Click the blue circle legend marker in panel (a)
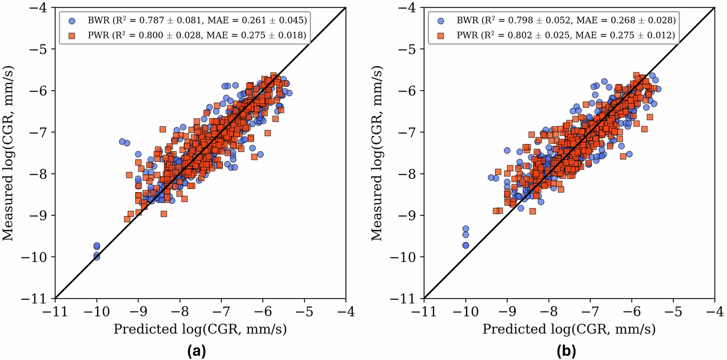pos(72,21)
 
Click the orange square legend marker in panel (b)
pos(441,35)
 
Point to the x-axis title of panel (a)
pos(200,330)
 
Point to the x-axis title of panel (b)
pos(569,330)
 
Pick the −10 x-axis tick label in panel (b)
pos(464,310)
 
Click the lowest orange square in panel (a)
pos(127,219)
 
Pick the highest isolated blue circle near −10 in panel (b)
pos(466,229)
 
